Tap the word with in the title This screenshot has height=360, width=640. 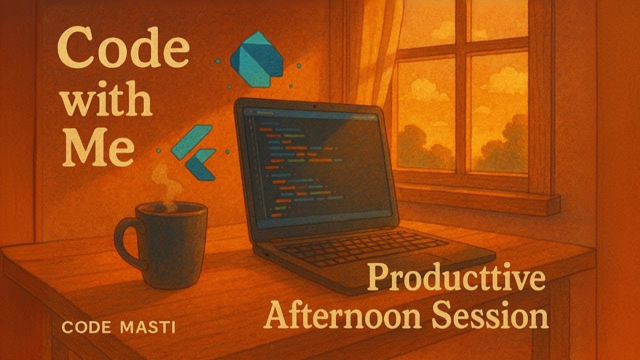107,100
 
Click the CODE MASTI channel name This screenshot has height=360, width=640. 118,328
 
